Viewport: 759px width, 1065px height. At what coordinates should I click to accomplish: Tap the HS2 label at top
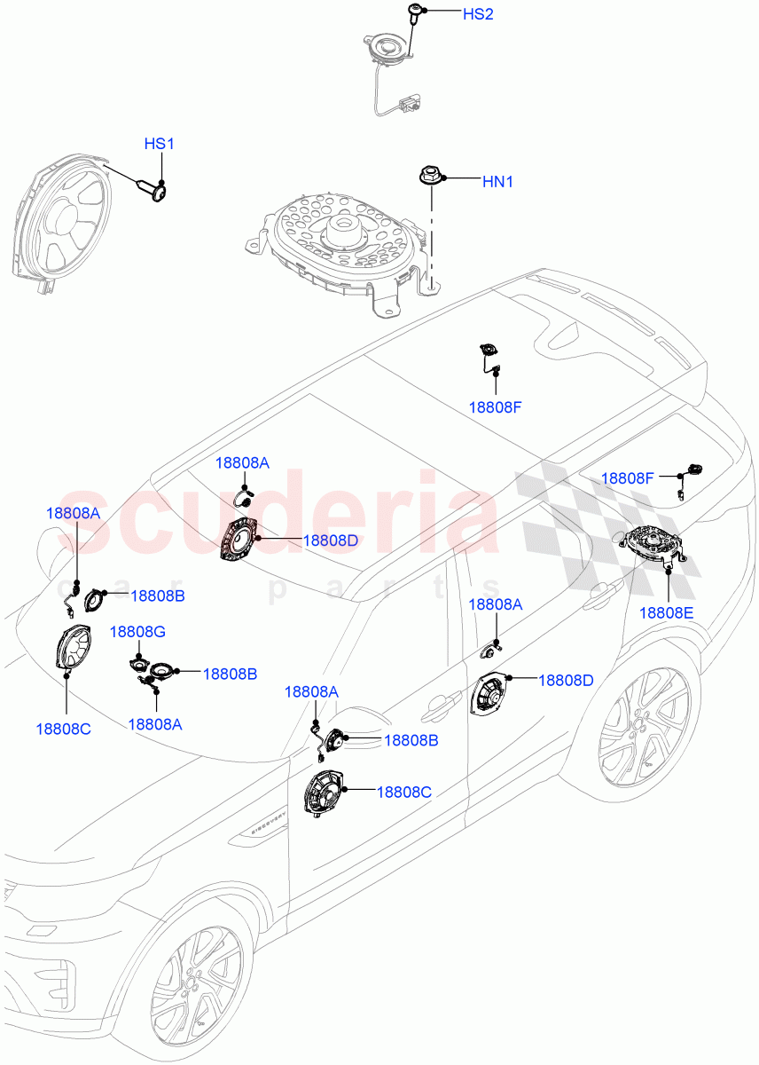[x=477, y=15]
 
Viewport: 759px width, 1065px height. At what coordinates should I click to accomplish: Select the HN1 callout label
[x=497, y=182]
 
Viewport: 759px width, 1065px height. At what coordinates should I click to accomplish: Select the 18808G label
[x=137, y=631]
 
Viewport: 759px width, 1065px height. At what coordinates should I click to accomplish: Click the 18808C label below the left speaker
[x=63, y=728]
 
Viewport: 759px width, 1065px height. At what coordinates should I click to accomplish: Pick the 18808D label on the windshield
[x=330, y=540]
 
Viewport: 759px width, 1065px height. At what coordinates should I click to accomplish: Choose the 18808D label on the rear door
[x=565, y=680]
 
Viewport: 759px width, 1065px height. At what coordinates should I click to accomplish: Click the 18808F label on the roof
[x=495, y=408]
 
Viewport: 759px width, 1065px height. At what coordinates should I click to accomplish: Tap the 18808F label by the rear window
[x=627, y=478]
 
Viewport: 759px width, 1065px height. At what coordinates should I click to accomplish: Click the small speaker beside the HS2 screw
[x=388, y=48]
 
